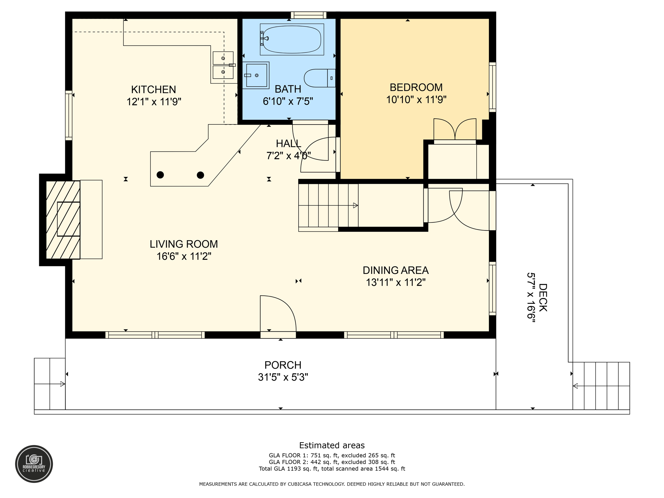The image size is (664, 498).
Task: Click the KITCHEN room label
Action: (153, 89)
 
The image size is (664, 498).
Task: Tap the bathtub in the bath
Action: (292, 39)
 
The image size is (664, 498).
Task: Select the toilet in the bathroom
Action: (319, 78)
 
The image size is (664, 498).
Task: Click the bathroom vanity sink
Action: (256, 75)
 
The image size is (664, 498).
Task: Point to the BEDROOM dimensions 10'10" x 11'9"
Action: (416, 100)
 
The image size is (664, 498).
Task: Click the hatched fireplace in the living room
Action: (63, 219)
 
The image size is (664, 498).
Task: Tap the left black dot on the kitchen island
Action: (160, 175)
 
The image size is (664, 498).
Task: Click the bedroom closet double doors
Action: (455, 130)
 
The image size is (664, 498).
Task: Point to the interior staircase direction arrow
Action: (355, 206)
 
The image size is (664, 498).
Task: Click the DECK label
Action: (543, 297)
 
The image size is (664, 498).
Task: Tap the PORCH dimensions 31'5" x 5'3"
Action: (283, 377)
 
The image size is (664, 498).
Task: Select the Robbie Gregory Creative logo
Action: (34, 464)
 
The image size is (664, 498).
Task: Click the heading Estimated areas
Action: (332, 445)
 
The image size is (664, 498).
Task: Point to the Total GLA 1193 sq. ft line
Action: (332, 469)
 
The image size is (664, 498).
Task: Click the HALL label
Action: (288, 143)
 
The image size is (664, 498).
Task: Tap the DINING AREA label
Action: (395, 270)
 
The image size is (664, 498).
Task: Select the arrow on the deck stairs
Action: (575, 386)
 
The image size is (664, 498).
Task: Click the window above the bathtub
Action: (308, 15)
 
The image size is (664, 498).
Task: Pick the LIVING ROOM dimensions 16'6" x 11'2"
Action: (184, 256)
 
